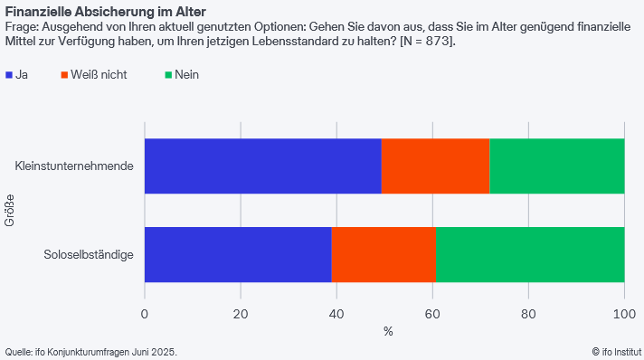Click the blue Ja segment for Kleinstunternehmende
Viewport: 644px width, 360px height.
point(262,166)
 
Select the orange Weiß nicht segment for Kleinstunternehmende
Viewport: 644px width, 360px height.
point(435,166)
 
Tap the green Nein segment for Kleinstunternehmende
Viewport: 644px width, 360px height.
point(556,166)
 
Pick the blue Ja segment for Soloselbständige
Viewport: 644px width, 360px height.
point(238,254)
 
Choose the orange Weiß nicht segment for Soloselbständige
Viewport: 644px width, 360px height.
point(384,254)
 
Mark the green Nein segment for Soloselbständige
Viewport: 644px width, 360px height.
point(529,254)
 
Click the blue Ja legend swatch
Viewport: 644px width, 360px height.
point(9,75)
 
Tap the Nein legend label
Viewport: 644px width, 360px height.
point(186,75)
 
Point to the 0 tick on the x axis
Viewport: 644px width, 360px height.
point(145,314)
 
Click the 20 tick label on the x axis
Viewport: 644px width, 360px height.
point(241,314)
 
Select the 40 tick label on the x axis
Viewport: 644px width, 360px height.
point(336,314)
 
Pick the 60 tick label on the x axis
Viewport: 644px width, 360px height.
point(432,314)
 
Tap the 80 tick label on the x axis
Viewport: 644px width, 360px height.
point(528,314)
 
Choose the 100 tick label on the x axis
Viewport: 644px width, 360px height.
point(624,314)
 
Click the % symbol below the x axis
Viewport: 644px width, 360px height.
point(388,332)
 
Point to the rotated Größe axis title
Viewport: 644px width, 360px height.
point(10,210)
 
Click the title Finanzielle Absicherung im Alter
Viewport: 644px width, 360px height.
point(105,12)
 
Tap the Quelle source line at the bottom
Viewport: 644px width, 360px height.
point(90,351)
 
